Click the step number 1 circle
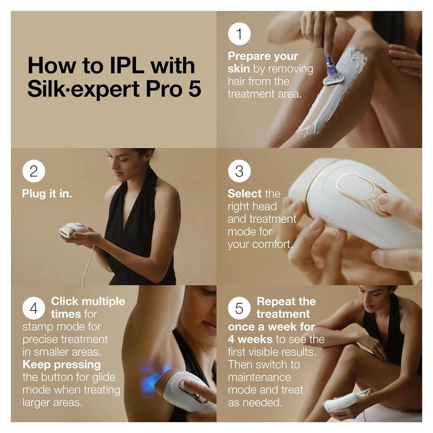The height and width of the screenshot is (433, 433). pyautogui.click(x=239, y=35)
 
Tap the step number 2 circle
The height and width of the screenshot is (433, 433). pyautogui.click(x=34, y=172)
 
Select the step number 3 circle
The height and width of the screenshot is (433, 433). pyautogui.click(x=239, y=172)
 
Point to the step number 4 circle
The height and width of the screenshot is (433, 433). pyautogui.click(x=34, y=308)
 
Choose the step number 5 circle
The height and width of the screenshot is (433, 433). pyautogui.click(x=239, y=308)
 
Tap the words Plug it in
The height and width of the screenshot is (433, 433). pyautogui.click(x=47, y=194)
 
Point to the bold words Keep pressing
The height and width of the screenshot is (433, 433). pyautogui.click(x=62, y=364)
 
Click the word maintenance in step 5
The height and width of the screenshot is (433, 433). pyautogui.click(x=259, y=377)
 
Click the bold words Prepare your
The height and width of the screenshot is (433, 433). pyautogui.click(x=263, y=56)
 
